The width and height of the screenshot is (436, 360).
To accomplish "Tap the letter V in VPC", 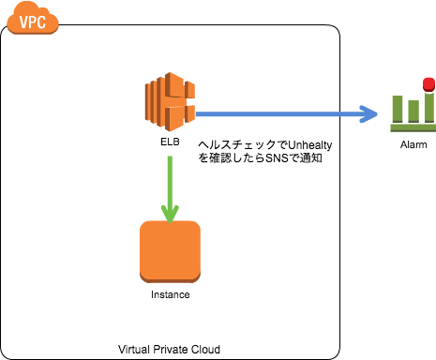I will [23, 22].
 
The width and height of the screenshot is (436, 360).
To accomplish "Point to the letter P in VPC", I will [32, 22].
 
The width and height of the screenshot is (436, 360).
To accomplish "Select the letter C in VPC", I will [41, 22].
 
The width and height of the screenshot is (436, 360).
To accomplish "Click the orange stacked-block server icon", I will [169, 101].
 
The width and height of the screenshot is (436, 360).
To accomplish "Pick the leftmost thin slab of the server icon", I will [147, 102].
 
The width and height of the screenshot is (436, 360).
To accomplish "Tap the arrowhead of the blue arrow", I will [369, 114].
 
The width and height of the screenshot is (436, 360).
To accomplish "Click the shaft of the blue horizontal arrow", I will [272, 114].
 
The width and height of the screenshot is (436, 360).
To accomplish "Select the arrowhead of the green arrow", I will [170, 215].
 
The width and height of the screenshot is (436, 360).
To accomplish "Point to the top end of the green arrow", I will [170, 157].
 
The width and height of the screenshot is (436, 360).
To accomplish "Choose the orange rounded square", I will [170, 249].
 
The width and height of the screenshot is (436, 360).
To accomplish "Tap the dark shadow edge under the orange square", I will [170, 279].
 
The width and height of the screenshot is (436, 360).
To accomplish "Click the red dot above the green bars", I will [428, 83].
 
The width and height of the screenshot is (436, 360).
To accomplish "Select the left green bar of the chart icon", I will [398, 109].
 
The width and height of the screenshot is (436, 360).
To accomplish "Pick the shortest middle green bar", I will [413, 112].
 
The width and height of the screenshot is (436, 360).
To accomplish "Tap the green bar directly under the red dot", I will [429, 108].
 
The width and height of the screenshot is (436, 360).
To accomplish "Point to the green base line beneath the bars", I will [413, 127].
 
